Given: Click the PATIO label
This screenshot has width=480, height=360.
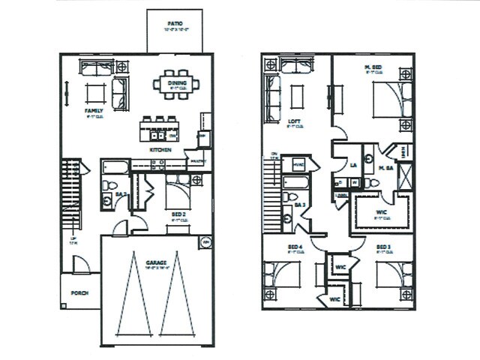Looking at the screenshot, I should pos(174,24).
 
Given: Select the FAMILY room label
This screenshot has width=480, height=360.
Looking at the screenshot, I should pos(94,110).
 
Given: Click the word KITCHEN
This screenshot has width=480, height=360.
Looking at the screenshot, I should pos(160,150).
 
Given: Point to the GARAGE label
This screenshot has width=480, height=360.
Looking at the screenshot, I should pos(156,262).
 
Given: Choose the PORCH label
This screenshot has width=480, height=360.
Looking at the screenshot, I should pos(79,294).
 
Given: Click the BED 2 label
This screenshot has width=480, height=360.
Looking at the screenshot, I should pos(178,214).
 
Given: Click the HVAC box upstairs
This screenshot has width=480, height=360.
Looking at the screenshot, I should pos(298,164).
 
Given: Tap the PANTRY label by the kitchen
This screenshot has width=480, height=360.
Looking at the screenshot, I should pos(197,161).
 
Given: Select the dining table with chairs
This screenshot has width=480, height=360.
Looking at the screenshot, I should pos(176,83).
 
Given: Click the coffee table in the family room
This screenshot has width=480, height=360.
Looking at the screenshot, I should pos(95,93).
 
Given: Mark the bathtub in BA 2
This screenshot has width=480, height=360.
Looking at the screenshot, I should pos(115,166).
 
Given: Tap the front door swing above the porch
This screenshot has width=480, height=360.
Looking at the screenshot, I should pos(81,264).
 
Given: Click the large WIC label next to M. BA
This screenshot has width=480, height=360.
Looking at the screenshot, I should pos(381,212).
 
